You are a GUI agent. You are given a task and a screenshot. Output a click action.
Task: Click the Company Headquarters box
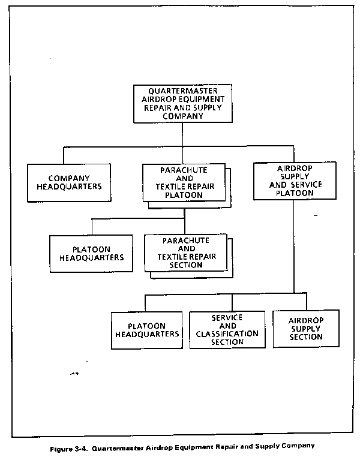click(69, 182)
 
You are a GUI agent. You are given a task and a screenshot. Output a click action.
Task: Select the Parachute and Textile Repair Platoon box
click(184, 182)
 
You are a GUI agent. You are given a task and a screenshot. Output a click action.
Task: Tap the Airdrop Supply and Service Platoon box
click(295, 181)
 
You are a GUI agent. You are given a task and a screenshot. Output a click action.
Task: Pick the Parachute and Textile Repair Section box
click(185, 253)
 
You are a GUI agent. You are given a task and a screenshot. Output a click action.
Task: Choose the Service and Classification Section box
click(227, 330)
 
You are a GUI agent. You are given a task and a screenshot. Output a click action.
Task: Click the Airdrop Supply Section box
click(306, 329)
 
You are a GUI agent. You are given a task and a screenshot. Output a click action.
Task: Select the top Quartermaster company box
click(183, 104)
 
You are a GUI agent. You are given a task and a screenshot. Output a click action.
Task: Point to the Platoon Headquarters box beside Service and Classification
click(147, 330)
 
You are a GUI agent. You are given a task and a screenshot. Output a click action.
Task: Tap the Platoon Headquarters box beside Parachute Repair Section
click(91, 254)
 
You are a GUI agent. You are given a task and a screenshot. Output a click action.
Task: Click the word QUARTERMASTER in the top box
click(183, 91)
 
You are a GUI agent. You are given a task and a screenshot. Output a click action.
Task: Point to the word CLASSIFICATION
click(227, 333)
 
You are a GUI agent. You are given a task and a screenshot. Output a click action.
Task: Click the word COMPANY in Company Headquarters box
click(69, 178)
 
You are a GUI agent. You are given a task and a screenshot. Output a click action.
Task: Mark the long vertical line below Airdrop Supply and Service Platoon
click(294, 246)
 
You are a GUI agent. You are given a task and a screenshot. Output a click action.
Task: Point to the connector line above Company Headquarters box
click(64, 155)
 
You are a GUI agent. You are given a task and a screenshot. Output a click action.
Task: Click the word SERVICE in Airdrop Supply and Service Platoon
click(306, 185)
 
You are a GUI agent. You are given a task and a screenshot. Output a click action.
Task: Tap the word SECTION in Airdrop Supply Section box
click(306, 337)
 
